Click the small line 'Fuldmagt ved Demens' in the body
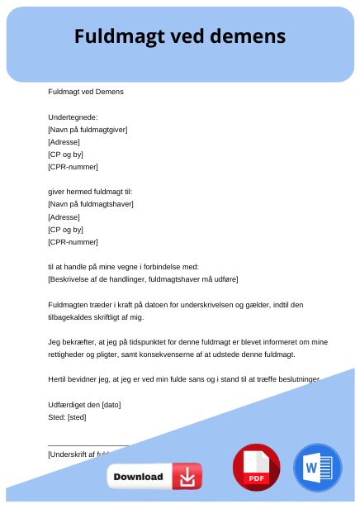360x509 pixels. click(86, 92)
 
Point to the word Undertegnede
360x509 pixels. click(73, 117)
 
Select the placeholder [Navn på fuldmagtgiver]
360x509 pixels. click(88, 130)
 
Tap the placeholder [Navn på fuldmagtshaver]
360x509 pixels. click(91, 204)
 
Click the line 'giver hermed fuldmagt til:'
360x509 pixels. click(90, 192)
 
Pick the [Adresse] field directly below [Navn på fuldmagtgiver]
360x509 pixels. click(64, 142)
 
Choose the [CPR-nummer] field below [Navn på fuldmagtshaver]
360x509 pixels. click(73, 242)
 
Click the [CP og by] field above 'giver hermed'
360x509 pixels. click(66, 155)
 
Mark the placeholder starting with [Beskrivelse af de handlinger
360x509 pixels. click(143, 279)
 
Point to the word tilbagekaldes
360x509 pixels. click(69, 317)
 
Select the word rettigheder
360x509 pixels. click(69, 354)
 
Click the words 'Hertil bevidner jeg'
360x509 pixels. click(81, 379)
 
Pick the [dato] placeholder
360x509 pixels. click(111, 405)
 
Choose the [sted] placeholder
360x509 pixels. click(77, 417)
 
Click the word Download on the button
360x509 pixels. click(138, 477)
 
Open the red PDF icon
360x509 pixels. click(256, 468)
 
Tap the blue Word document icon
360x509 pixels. click(317, 468)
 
